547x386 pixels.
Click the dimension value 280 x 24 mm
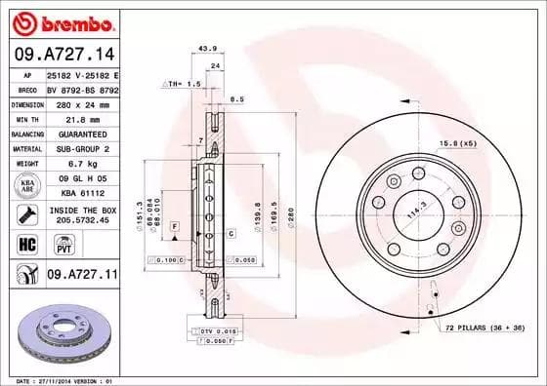(75, 102)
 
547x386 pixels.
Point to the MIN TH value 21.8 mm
(65, 118)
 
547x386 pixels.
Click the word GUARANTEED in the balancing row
(75, 134)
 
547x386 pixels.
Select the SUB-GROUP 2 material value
(75, 149)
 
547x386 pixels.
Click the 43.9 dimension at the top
(206, 49)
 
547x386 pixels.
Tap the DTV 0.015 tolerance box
(220, 331)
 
